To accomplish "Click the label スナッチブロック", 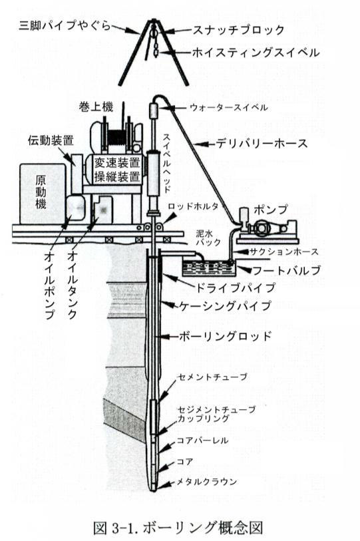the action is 238,30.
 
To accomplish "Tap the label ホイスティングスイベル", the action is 256,53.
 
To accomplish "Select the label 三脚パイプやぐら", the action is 65,25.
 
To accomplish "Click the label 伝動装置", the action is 51,140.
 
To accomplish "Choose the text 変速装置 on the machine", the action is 118,162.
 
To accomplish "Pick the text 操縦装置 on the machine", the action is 118,176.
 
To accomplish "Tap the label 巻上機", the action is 96,106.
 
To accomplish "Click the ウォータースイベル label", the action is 229,108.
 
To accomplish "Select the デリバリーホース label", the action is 262,143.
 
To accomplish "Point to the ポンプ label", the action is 271,209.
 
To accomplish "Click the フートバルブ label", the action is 287,270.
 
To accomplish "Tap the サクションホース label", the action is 284,252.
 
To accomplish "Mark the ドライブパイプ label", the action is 236,287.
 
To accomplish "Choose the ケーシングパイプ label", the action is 225,305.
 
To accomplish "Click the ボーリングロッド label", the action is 226,336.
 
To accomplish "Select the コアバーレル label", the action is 202,441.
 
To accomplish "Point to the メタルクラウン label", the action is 207,482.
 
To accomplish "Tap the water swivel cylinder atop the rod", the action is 154,110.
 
